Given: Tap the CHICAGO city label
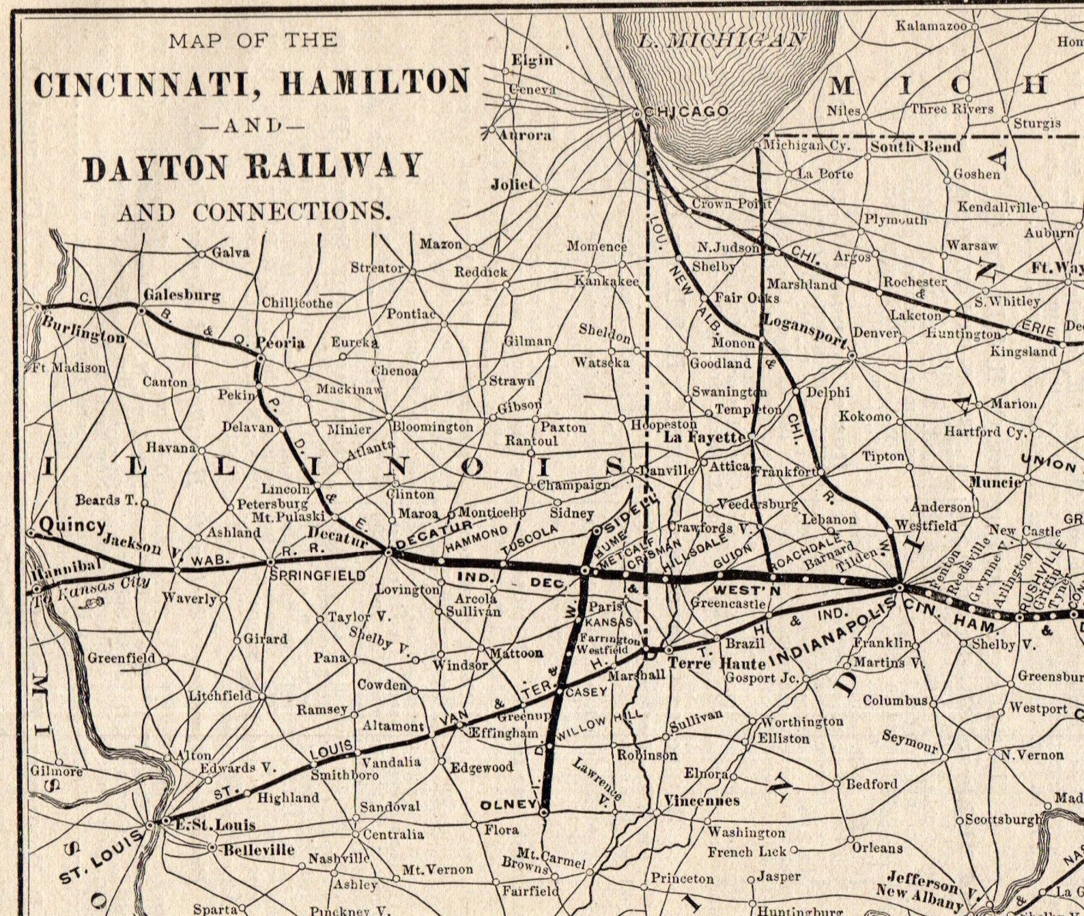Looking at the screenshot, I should [x=686, y=111].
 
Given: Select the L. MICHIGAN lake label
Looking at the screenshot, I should [x=722, y=39].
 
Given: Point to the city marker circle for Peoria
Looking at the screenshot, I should [x=260, y=356].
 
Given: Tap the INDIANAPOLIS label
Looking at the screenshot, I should [x=831, y=631].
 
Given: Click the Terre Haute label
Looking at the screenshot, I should [x=716, y=663].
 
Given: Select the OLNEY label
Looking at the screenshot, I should [x=509, y=805].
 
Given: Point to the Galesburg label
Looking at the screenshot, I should [x=182, y=295].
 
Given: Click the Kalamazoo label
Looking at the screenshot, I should [x=931, y=26].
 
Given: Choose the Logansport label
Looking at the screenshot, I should [x=804, y=330].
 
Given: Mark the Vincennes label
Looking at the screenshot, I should [x=702, y=800].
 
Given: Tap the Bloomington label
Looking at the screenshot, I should [x=432, y=427].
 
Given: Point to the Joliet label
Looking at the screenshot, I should [x=512, y=184].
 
